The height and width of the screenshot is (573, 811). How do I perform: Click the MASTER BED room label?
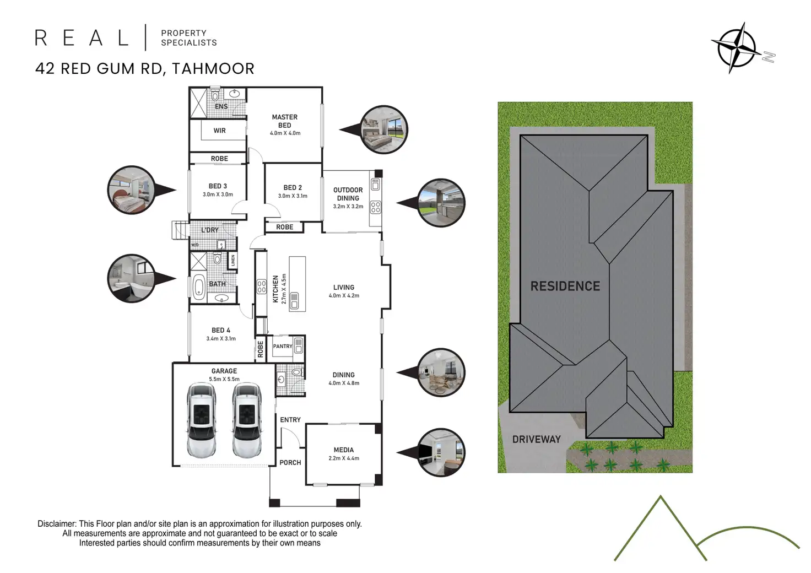[284, 121]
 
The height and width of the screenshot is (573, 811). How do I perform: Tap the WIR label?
[219, 131]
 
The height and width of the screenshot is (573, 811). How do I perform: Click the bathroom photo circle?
[131, 278]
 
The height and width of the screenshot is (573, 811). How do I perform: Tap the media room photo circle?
[441, 453]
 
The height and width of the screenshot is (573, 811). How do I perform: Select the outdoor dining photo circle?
[441, 202]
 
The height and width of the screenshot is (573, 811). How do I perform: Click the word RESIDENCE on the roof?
[565, 286]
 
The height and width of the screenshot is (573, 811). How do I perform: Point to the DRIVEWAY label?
[536, 439]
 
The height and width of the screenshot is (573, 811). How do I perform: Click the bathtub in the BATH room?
[198, 288]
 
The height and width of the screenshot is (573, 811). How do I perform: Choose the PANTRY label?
[282, 346]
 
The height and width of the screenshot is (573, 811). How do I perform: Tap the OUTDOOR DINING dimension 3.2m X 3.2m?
[348, 207]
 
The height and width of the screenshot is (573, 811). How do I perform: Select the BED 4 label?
[220, 330]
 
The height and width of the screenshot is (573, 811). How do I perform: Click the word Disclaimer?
[57, 524]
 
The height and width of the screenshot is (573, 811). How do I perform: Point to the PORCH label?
[290, 463]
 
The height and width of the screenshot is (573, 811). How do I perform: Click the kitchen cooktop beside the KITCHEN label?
[262, 286]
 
